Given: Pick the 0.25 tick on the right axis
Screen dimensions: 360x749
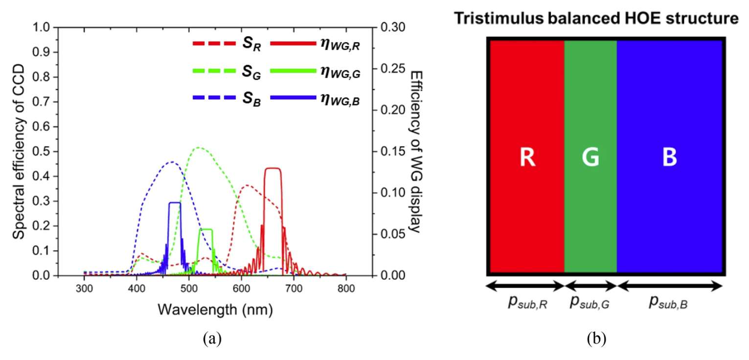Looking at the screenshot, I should (387, 69).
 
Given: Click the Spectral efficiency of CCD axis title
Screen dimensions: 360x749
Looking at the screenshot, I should (20, 152).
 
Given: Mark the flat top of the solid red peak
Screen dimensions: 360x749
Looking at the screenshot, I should (272, 168).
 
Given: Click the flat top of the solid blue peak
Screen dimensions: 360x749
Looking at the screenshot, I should (175, 202).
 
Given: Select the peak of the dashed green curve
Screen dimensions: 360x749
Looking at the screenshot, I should (199, 147).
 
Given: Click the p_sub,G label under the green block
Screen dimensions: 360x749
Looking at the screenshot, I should (590, 303).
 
